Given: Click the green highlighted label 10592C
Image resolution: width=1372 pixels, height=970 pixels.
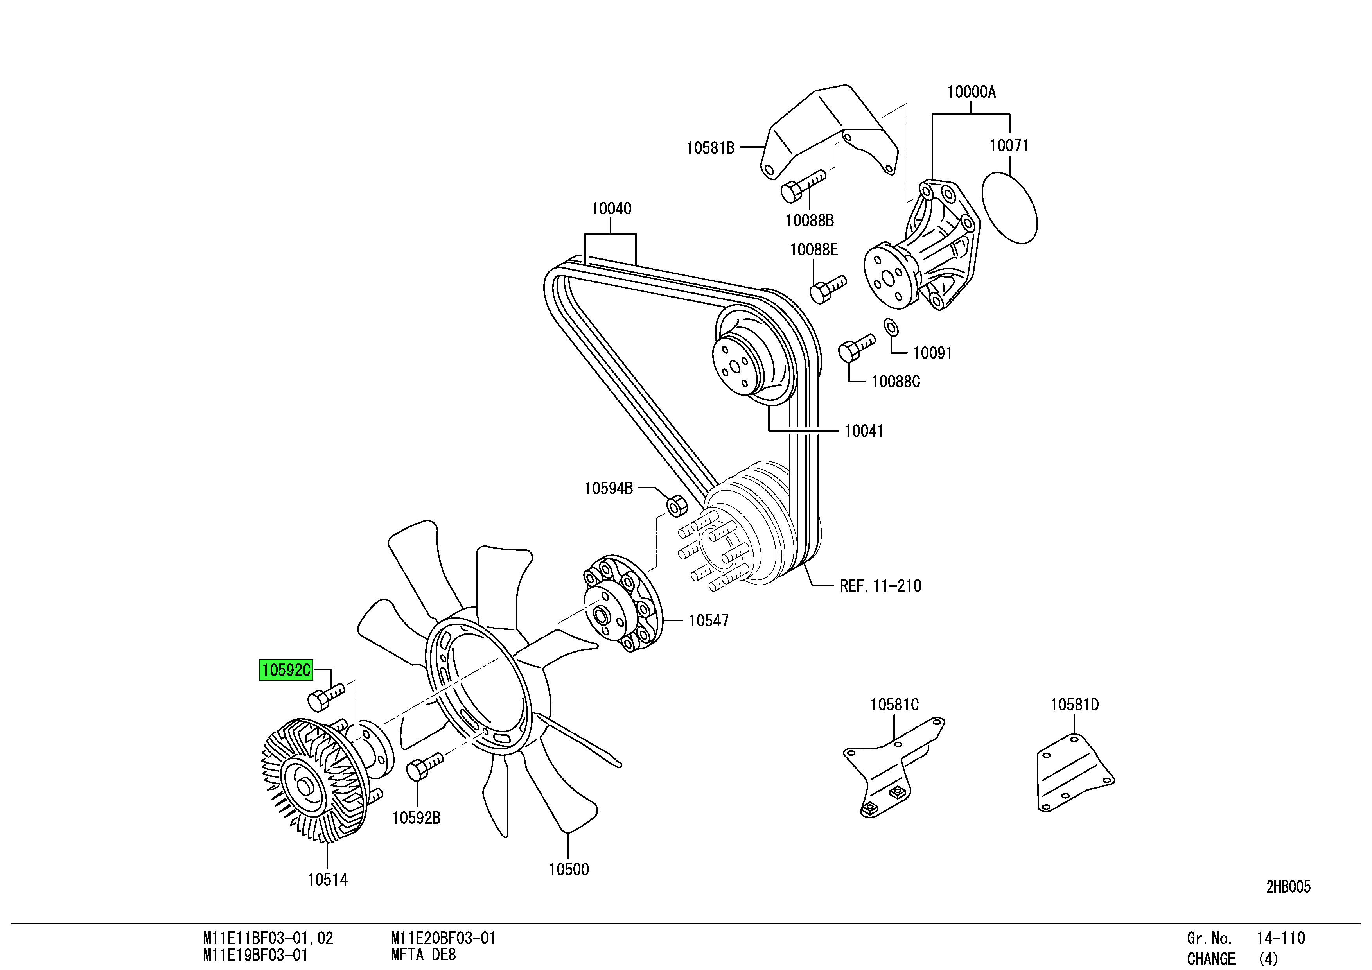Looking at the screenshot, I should pyautogui.click(x=286, y=670).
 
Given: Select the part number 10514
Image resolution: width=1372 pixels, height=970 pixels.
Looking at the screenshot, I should pyautogui.click(x=327, y=879).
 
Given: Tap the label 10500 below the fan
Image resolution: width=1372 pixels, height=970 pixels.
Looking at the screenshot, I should pyautogui.click(x=568, y=869).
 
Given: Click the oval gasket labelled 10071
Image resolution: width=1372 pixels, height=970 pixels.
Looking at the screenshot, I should pyautogui.click(x=1010, y=208).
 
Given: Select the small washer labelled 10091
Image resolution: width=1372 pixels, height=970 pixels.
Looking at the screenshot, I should pyautogui.click(x=891, y=327).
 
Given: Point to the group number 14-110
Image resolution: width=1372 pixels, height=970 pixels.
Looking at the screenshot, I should pyautogui.click(x=1280, y=938).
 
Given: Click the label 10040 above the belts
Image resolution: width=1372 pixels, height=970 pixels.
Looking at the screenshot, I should pyautogui.click(x=611, y=208).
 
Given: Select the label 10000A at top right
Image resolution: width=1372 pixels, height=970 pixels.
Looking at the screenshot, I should pyautogui.click(x=971, y=92).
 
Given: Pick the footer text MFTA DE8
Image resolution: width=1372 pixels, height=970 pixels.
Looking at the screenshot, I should pyautogui.click(x=423, y=954).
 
